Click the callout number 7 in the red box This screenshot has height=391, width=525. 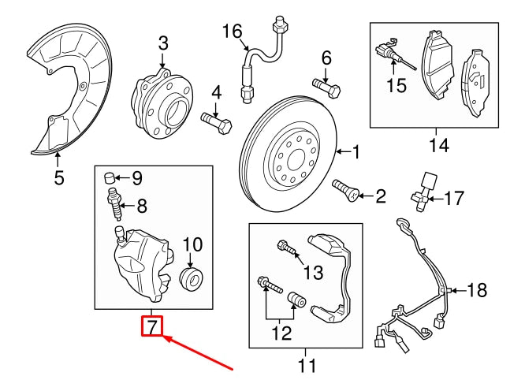coord(152,326)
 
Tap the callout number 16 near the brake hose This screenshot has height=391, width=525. coord(232,32)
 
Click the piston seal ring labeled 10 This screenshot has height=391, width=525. coord(191,277)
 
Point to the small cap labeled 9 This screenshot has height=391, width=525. coord(110,176)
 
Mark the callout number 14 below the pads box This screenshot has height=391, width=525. coord(438,145)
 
